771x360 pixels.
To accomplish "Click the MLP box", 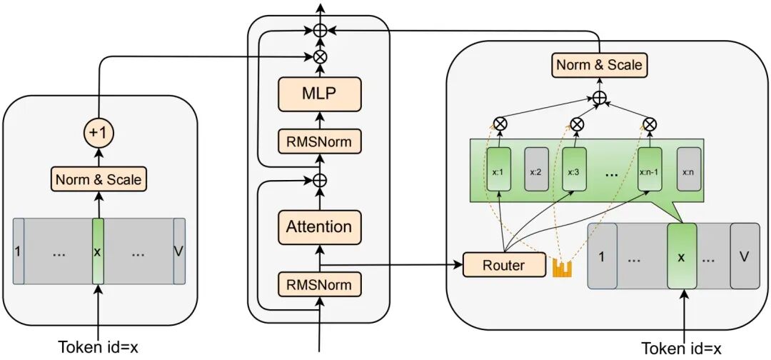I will [319, 94].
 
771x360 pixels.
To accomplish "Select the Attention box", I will [319, 227].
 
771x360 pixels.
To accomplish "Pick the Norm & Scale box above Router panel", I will [599, 66].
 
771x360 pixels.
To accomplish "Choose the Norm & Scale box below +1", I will [98, 179].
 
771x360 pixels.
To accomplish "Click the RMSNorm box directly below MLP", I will [319, 141].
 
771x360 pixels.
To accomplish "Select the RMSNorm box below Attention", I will [319, 285].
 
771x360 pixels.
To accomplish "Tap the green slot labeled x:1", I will [498, 170].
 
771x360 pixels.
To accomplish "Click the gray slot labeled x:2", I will [537, 170].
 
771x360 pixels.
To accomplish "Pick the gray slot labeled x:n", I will [689, 170].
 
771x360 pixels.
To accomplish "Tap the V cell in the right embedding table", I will [744, 256].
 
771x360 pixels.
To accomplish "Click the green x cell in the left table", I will [98, 252].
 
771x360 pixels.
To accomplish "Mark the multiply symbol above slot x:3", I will [577, 124].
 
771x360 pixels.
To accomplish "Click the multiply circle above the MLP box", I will [319, 55].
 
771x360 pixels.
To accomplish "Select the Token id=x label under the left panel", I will [98, 347].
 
